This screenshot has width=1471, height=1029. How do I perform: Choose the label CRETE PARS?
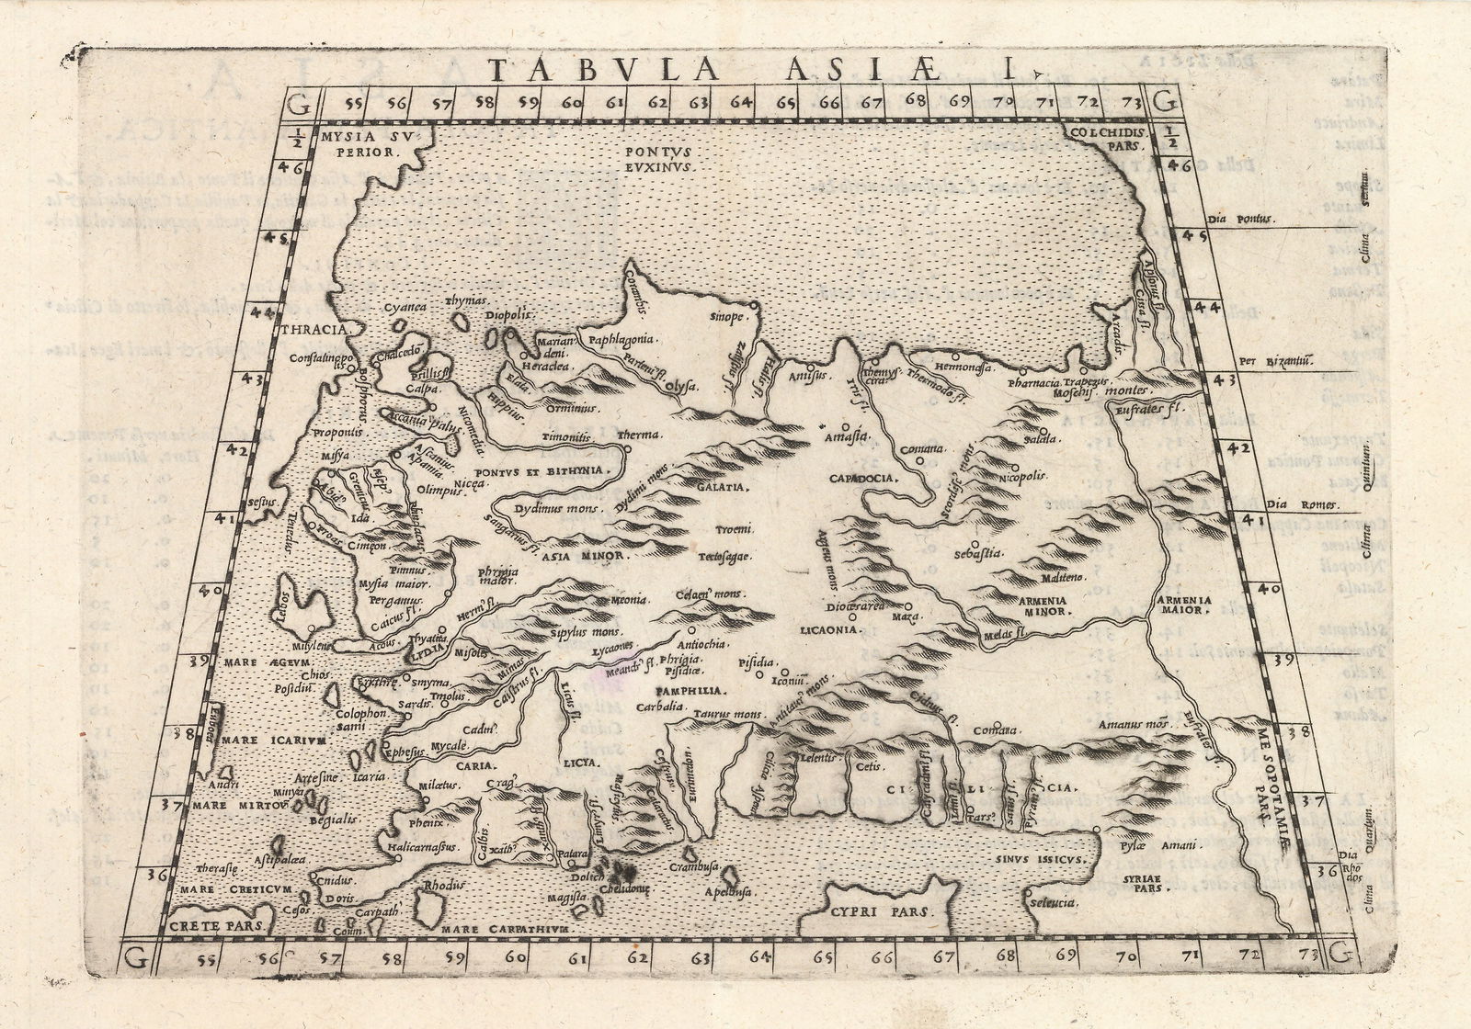(210, 927)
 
